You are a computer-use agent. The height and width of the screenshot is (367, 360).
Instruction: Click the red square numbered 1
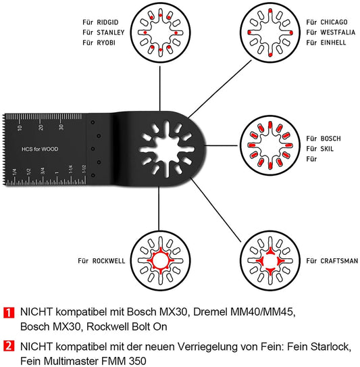[x=9, y=313]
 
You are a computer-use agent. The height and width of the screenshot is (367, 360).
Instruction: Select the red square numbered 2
[x=9, y=346]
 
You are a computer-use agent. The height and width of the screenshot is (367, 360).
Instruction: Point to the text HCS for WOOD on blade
[x=40, y=147]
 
